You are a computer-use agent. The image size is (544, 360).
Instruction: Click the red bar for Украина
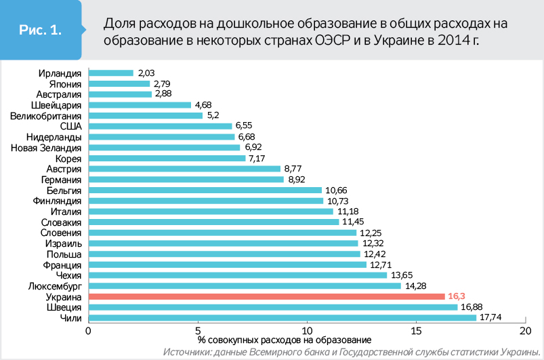tap(266, 296)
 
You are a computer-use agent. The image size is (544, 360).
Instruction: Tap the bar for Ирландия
tap(110, 73)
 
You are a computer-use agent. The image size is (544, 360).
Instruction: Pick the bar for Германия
tap(186, 180)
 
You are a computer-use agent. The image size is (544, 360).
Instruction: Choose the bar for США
tap(160, 126)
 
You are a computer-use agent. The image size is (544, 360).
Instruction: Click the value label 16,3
tap(457, 296)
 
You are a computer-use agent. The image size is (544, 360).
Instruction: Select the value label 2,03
tap(147, 73)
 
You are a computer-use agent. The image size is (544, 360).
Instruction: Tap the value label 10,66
tap(337, 191)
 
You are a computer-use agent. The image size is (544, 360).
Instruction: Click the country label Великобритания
tap(46, 115)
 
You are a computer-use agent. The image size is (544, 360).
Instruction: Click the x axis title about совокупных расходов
tap(285, 340)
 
